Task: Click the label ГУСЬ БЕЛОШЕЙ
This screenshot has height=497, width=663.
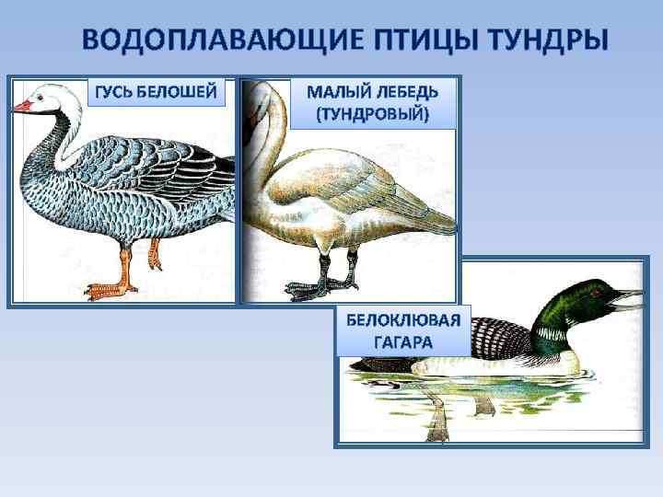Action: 157,92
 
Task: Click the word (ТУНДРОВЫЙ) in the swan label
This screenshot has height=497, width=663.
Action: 373,116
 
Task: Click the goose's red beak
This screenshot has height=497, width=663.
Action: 22,107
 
